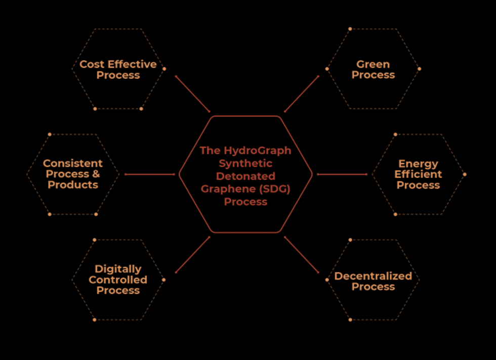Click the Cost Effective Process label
[118, 70]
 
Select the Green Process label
[373, 70]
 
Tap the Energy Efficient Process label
[418, 174]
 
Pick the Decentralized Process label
[373, 282]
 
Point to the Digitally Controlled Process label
[118, 280]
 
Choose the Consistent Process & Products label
[73, 174]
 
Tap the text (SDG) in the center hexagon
[273, 189]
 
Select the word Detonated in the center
[245, 176]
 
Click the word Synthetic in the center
[245, 163]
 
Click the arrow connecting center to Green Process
[302, 94]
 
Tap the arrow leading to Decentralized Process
[302, 255]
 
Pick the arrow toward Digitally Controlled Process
[192, 255]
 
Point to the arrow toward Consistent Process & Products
[149, 174]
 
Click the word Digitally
[118, 269]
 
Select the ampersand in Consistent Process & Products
[95, 174]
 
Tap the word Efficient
[418, 174]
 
